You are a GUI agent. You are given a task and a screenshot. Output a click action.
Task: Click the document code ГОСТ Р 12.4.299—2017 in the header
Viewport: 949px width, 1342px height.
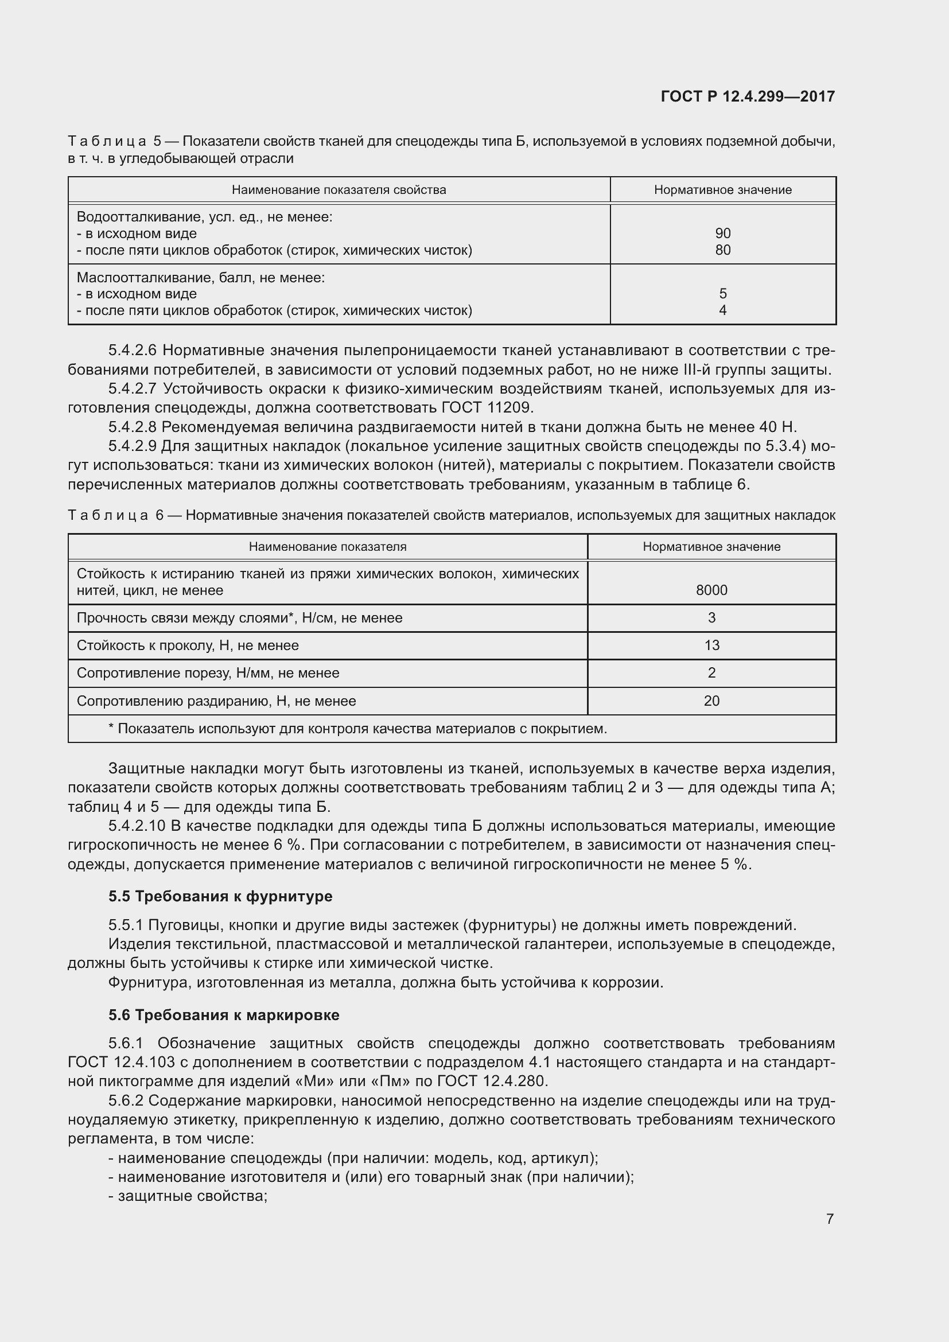pos(748,96)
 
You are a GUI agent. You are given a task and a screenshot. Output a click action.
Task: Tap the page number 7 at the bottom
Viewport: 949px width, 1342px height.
pos(830,1219)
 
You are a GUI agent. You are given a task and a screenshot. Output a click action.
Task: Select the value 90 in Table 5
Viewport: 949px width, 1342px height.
pos(722,233)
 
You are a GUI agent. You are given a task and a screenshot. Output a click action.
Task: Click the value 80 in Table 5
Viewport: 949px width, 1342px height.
pos(722,250)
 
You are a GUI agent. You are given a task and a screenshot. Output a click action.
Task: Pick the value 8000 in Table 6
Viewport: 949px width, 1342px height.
pos(711,590)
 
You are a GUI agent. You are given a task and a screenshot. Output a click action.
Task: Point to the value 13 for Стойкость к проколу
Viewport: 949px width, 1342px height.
pos(711,645)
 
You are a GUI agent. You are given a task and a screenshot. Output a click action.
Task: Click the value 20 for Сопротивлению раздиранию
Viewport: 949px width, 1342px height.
pos(711,701)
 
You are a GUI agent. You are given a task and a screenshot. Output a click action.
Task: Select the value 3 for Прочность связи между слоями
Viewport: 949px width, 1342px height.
pos(711,618)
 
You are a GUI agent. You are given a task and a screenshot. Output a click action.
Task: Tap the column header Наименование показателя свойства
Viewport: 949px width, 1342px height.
pos(339,190)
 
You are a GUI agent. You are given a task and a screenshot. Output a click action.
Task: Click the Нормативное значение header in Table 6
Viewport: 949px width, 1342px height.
pos(711,547)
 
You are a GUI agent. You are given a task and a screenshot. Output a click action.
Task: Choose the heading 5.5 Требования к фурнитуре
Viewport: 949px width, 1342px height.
pos(220,896)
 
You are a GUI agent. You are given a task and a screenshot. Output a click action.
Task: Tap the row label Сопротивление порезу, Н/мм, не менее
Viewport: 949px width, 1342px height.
pos(208,673)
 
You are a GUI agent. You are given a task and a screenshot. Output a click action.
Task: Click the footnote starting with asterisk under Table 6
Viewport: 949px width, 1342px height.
pos(357,729)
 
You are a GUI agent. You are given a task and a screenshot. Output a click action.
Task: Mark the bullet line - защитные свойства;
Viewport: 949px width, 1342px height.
pos(188,1196)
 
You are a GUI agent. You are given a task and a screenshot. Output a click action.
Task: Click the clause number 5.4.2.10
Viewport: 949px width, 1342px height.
pos(137,826)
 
